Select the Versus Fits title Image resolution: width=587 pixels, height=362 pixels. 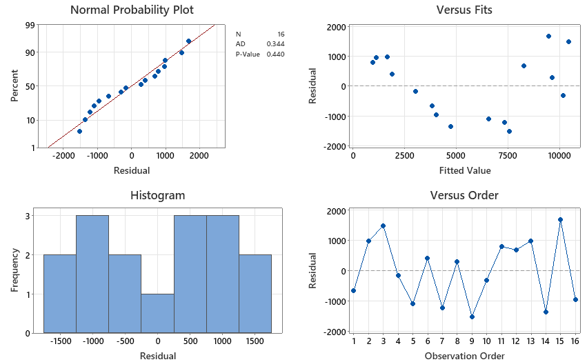[464, 10]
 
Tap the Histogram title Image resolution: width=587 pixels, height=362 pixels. [157, 195]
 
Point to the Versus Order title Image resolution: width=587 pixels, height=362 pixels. [464, 195]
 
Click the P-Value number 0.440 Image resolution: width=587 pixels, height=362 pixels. [275, 54]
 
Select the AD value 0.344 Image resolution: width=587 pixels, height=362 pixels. [275, 44]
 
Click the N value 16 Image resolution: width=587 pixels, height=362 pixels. [280, 34]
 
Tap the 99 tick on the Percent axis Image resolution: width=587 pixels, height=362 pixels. [30, 26]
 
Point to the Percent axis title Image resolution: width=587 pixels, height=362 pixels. [14, 86]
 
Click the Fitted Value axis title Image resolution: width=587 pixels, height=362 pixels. [464, 170]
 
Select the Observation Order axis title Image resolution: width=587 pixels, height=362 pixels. [464, 356]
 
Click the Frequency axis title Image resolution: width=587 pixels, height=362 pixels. [14, 274]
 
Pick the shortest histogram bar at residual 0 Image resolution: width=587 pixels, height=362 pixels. [157, 314]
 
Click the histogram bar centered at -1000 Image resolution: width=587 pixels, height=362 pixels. [92, 274]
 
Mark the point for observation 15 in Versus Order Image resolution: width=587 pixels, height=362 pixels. [561, 219]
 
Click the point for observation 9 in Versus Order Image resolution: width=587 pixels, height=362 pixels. [472, 316]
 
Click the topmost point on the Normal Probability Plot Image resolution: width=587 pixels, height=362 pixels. [188, 41]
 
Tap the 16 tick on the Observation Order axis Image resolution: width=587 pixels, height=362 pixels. [575, 341]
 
